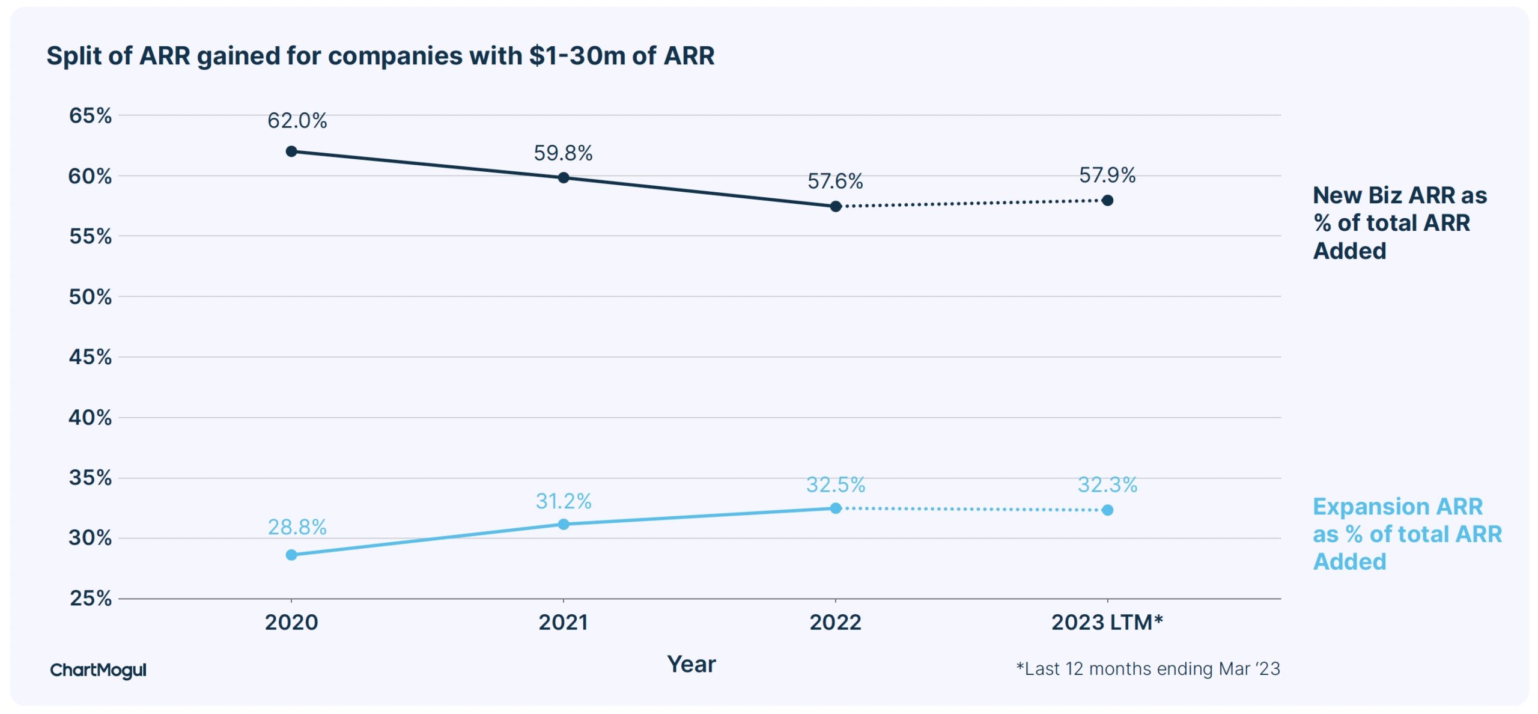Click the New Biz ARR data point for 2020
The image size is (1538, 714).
(291, 151)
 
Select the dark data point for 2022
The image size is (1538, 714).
(835, 206)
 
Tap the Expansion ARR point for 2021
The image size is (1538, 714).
(563, 524)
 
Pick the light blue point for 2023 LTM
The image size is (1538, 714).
(1107, 510)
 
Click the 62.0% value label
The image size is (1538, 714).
(297, 121)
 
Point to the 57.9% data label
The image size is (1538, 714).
(1107, 175)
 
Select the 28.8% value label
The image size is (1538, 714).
(297, 527)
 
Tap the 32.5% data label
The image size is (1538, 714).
(835, 484)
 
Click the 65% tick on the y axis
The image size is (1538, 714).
(90, 115)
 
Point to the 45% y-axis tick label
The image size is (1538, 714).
(90, 357)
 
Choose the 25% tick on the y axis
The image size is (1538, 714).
(90, 598)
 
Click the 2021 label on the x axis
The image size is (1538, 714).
(563, 622)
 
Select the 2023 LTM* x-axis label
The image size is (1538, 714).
(1107, 622)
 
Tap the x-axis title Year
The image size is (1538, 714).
(691, 664)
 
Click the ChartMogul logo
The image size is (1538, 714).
(98, 670)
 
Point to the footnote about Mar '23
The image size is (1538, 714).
(1147, 669)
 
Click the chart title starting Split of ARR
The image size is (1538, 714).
(380, 56)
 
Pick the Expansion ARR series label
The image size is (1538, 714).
(1406, 534)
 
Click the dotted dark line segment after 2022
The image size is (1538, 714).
(971, 203)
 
